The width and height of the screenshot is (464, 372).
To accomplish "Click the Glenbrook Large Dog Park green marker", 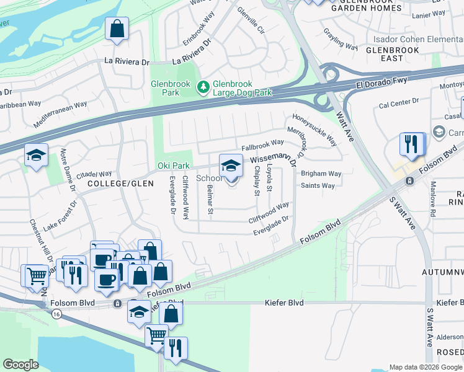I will pyautogui.click(x=203, y=87).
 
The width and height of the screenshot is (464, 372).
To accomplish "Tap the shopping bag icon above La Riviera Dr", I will pyautogui.click(x=117, y=29).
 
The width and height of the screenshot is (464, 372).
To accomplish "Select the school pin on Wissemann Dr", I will pyautogui.click(x=231, y=166).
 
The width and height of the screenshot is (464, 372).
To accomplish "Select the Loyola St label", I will pyautogui.click(x=269, y=177).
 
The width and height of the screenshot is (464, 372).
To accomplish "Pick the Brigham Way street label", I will pyautogui.click(x=321, y=174).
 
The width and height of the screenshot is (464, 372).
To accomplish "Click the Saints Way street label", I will pyautogui.click(x=318, y=185).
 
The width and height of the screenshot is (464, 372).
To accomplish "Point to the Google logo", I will pyautogui.click(x=20, y=365).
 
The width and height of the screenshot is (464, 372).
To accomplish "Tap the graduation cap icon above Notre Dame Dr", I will pyautogui.click(x=37, y=155).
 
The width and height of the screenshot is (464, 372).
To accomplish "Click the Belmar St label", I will pyautogui.click(x=210, y=200).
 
